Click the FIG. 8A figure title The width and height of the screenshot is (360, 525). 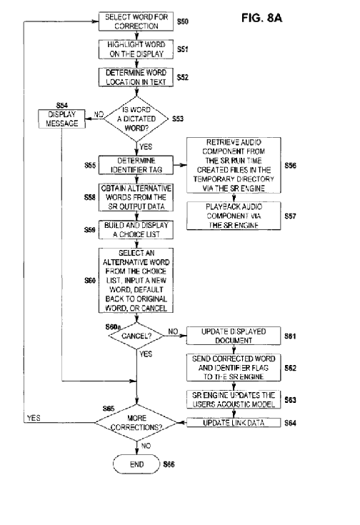point(261,18)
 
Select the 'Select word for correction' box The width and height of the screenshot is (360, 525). point(136,21)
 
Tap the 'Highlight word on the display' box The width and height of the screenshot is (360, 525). point(136,49)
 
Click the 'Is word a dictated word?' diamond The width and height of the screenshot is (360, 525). point(136,119)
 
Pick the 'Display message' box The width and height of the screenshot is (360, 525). point(61,119)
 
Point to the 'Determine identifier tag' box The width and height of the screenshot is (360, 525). point(136,165)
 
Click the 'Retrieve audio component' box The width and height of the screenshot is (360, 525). point(234,165)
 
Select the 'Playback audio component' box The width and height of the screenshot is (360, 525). point(234,216)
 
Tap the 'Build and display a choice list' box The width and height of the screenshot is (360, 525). point(136,230)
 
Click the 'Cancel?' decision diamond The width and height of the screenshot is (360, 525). point(136,336)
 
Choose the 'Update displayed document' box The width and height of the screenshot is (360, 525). point(234,336)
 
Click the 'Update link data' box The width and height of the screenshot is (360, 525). point(234,423)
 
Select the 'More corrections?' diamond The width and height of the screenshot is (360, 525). point(136,423)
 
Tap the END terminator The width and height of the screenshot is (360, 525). point(136,464)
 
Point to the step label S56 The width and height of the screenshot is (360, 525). point(290,166)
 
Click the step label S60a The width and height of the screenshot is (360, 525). point(113,327)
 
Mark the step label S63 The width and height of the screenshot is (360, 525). point(290,400)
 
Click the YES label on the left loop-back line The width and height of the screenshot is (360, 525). point(34,418)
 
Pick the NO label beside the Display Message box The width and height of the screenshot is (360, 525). point(99,114)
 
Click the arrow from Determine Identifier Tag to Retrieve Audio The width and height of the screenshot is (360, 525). point(180,165)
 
